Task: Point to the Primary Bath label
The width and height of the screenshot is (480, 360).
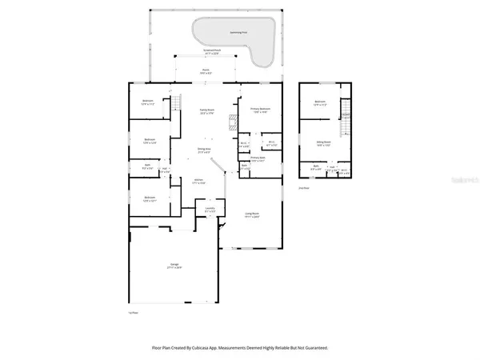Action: point(258,160)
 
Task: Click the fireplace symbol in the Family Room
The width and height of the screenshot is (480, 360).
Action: point(233,122)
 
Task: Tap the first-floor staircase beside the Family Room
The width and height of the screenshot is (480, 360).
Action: point(170,105)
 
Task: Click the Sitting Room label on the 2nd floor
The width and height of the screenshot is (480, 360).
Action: point(322,144)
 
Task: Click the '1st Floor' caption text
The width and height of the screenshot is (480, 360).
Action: point(133,314)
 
